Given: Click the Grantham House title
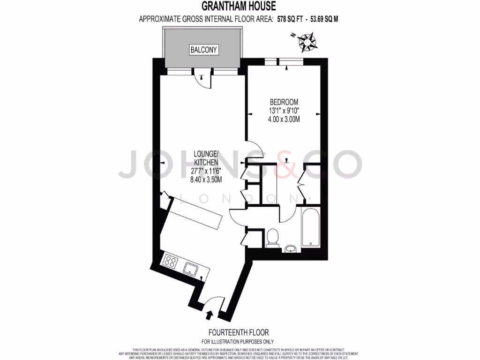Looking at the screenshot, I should click(x=239, y=6).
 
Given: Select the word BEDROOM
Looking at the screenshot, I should click(x=284, y=102).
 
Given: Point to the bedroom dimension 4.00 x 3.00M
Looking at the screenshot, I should click(x=284, y=120).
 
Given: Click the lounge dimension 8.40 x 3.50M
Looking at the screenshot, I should click(x=206, y=180).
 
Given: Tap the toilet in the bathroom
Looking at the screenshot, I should click(x=271, y=238).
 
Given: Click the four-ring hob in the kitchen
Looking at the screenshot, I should click(x=170, y=261).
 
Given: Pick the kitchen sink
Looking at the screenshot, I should click(x=190, y=269).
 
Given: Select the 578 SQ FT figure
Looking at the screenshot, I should click(x=286, y=19).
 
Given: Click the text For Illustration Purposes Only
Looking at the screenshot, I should click(x=238, y=342).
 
